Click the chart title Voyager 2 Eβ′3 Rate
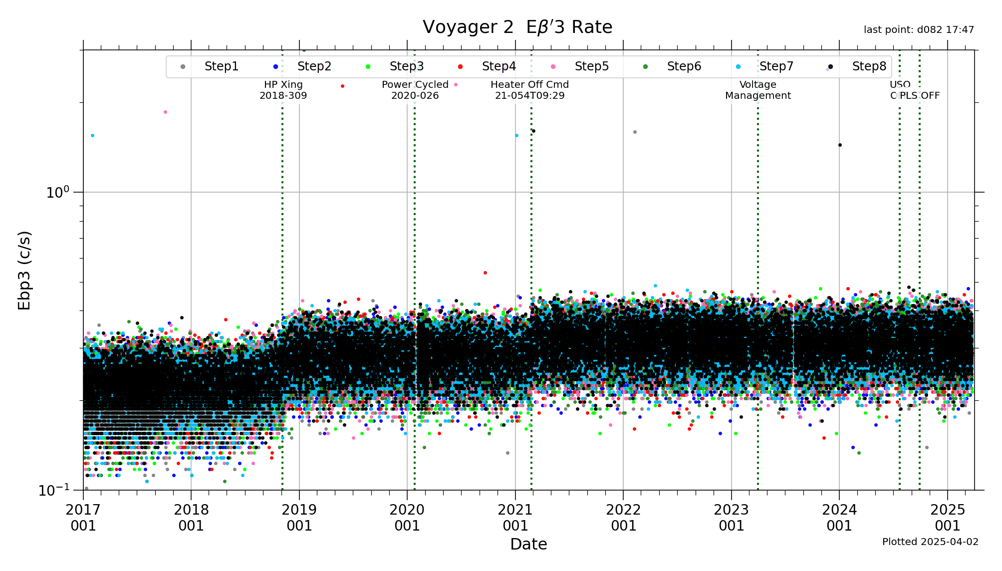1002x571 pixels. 517,27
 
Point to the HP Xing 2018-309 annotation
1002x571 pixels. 283,90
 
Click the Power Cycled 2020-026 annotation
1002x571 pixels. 415,90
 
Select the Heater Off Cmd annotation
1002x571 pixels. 529,90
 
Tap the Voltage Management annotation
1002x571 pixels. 757,90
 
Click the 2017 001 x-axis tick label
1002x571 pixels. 83,518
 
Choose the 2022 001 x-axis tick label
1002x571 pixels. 623,518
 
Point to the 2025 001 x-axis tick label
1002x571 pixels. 947,518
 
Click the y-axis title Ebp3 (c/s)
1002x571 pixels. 24,270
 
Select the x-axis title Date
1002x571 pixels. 528,544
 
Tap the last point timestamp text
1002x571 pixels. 919,30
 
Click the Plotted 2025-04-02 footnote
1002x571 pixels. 930,542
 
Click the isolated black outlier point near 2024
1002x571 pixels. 840,145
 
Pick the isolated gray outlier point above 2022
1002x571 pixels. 635,132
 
